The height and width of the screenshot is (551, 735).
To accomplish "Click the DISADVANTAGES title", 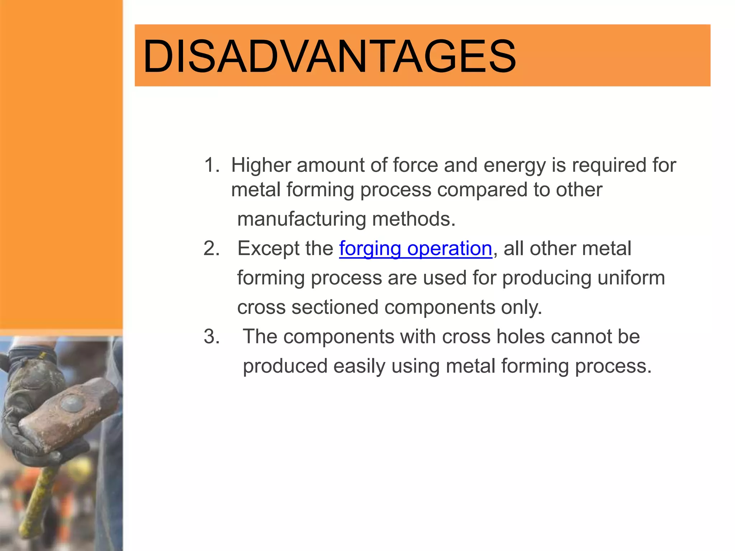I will pyautogui.click(x=329, y=56).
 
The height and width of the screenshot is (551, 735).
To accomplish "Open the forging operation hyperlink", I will pyautogui.click(x=415, y=249).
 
